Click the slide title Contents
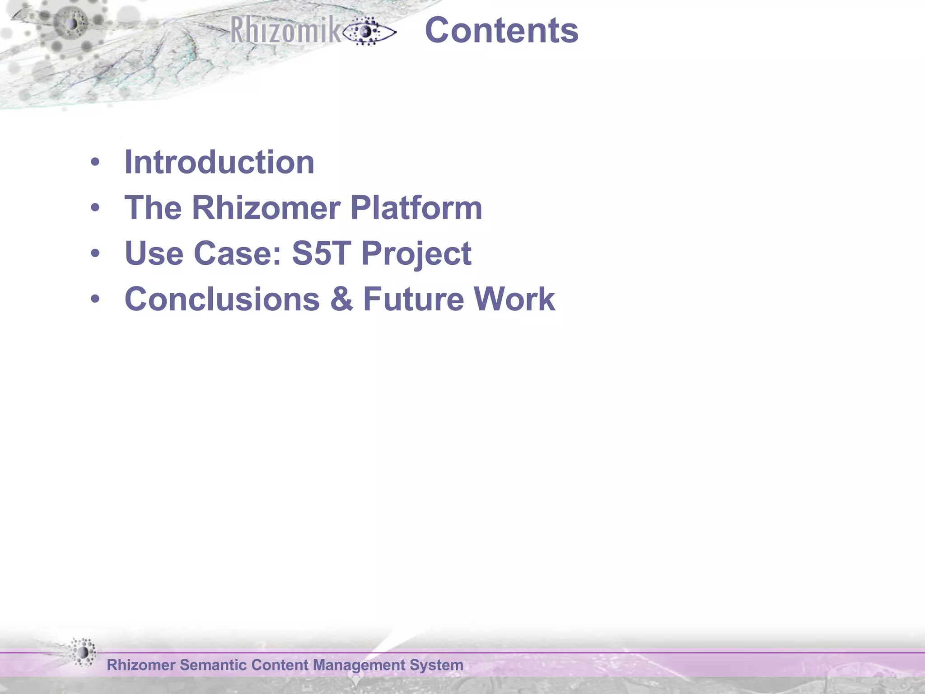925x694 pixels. point(501,31)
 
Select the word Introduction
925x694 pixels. point(219,162)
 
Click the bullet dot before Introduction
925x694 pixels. point(95,162)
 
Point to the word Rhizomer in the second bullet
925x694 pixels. point(266,208)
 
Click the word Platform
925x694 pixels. point(416,208)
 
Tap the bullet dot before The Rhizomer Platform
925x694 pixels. point(95,208)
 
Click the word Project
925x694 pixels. point(416,254)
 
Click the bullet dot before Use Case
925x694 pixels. point(95,253)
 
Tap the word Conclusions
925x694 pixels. point(222,299)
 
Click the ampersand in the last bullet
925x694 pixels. point(341,299)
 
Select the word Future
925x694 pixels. point(413,299)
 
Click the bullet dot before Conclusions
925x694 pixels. point(95,299)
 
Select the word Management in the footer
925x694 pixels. point(359,666)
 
